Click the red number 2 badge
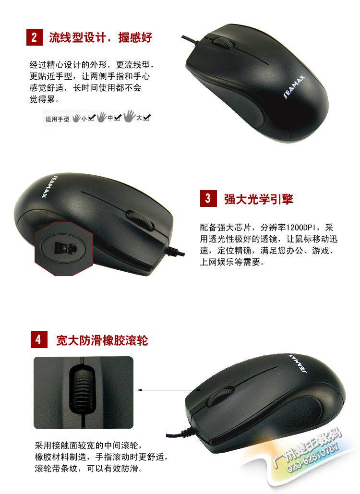tap(35, 37)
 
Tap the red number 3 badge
tap(208, 198)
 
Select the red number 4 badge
tap(39, 339)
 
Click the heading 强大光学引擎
tap(258, 199)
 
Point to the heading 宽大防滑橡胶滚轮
tap(102, 340)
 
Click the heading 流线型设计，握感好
tap(100, 37)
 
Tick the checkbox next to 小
tap(91, 118)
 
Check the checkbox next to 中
tap(117, 118)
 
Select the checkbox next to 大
tap(147, 118)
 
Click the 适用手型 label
tap(57, 119)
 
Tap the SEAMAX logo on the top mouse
tap(294, 87)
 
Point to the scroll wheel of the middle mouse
tap(140, 219)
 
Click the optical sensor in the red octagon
tap(65, 249)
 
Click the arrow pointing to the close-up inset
tap(169, 390)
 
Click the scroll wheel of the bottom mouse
tap(220, 396)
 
